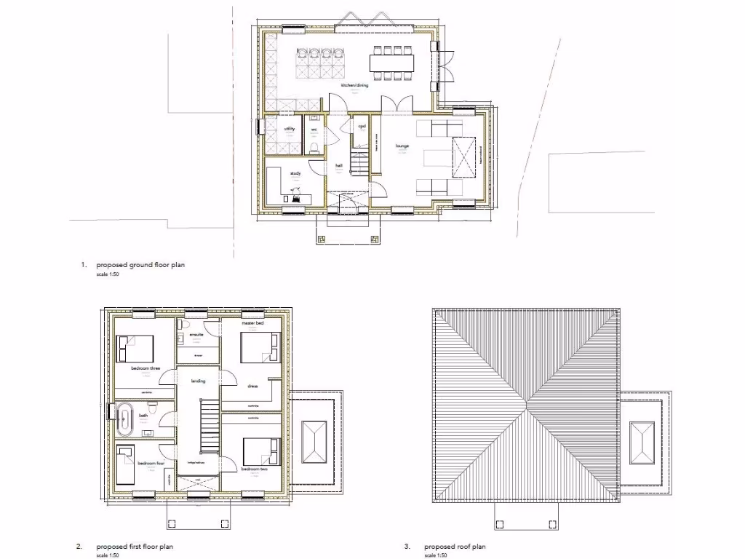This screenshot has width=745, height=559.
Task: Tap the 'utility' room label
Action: click(290, 129)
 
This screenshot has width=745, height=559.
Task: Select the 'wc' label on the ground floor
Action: click(314, 130)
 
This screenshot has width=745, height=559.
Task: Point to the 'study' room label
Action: click(295, 173)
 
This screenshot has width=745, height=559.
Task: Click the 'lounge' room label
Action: click(402, 146)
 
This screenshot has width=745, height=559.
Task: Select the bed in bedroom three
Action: click(137, 348)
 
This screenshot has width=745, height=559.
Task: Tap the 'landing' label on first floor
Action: click(198, 381)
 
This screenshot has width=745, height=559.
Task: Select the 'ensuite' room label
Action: click(196, 335)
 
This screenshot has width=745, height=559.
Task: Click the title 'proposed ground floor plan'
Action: click(140, 265)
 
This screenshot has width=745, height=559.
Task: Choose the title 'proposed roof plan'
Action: click(455, 546)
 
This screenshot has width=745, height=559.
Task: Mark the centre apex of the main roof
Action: click(526, 406)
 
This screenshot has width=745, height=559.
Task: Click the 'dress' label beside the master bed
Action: click(252, 386)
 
